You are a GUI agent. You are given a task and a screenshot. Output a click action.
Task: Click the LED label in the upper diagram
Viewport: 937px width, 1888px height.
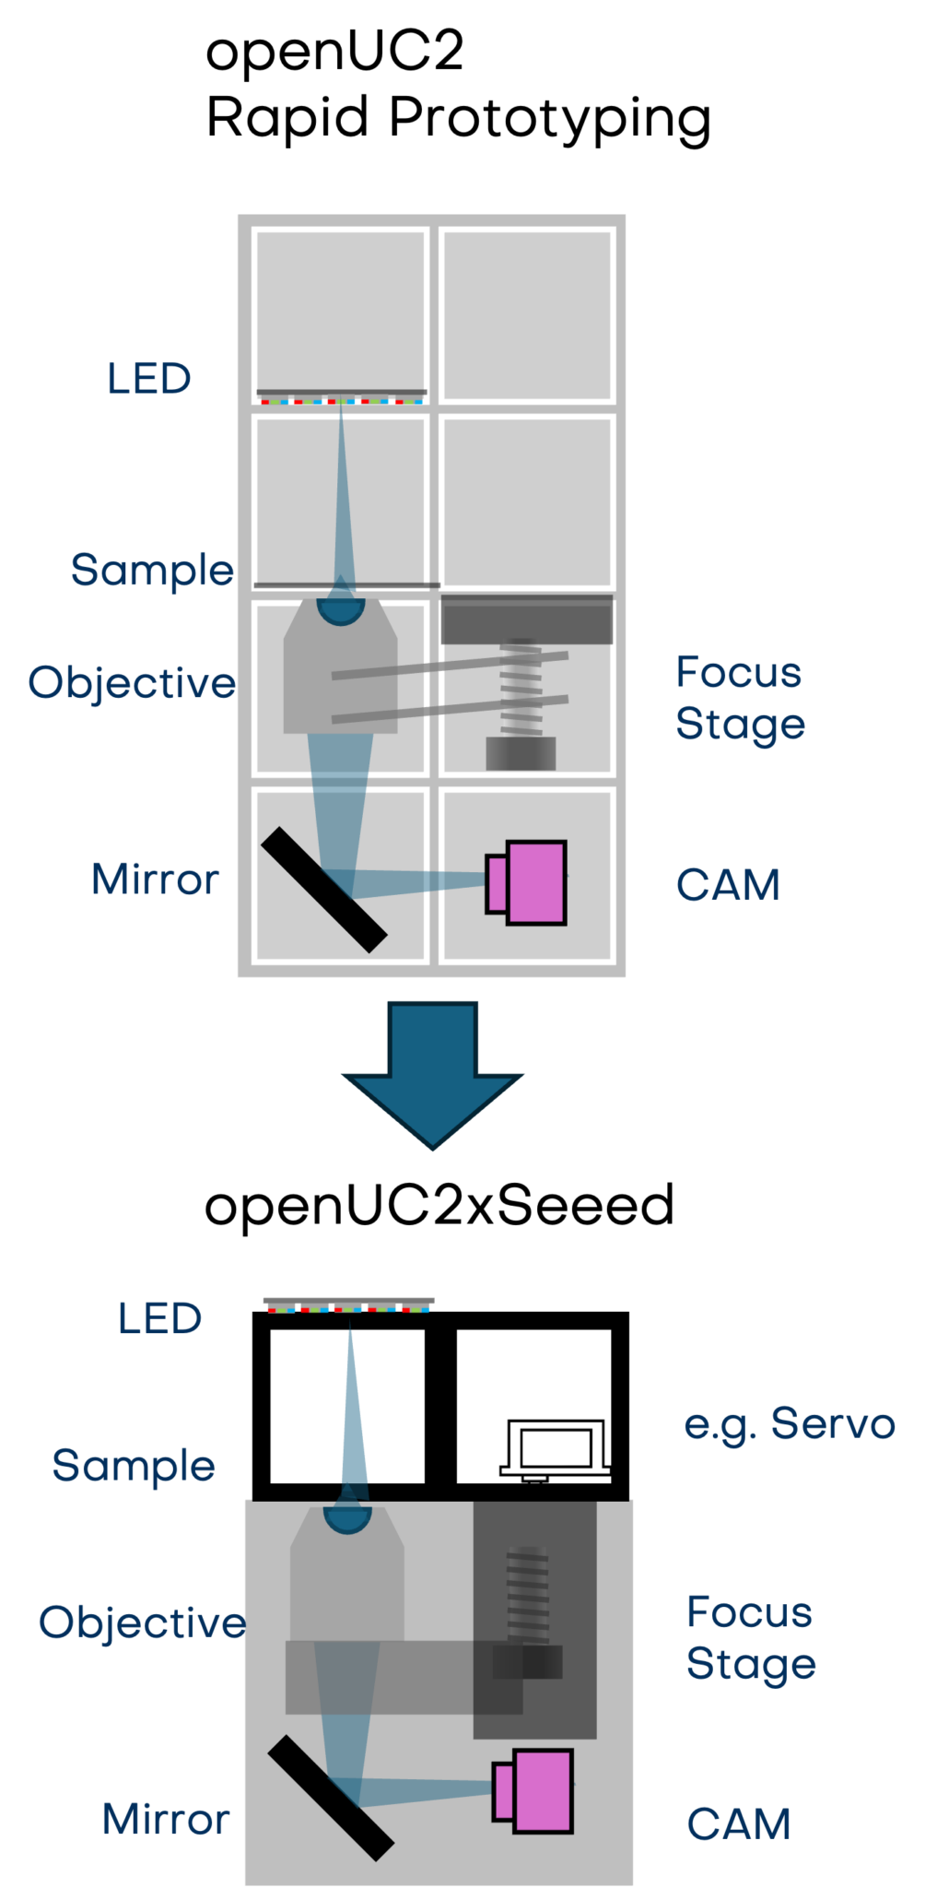point(148,378)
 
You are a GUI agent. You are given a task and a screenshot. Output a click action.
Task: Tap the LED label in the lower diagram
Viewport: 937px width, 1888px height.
point(159,1318)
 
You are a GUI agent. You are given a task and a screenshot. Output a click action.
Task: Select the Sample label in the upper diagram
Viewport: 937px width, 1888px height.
point(152,570)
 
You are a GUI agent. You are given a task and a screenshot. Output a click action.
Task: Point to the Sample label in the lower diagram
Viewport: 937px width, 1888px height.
point(134,1466)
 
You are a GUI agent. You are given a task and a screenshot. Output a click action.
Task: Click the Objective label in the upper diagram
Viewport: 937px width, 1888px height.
point(132,683)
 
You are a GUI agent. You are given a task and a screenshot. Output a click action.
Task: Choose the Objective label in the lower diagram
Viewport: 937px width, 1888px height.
point(142,1622)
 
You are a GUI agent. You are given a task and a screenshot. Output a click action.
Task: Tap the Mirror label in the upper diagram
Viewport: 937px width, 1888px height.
point(156,879)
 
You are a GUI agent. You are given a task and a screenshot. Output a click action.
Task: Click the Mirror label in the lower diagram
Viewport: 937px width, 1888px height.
point(166,1820)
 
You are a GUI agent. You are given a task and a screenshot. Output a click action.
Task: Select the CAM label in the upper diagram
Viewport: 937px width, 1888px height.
point(728,885)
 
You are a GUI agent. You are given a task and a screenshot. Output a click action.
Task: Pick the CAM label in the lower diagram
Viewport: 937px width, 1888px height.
point(739,1824)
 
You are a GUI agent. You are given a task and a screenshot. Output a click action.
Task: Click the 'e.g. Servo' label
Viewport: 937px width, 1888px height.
point(790,1423)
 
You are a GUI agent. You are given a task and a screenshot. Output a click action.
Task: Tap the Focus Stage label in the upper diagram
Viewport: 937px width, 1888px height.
point(740,698)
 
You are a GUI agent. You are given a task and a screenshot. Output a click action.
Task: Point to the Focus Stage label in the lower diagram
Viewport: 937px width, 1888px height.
point(751,1638)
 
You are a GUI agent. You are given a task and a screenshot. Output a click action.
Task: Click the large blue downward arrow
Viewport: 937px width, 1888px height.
point(433,1069)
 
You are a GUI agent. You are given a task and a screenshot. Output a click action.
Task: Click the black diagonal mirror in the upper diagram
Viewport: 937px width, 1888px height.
point(323,890)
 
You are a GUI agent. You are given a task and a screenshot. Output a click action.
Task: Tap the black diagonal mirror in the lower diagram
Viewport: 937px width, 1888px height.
point(330,1798)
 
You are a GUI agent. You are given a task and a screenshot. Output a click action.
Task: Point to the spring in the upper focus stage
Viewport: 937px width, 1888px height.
point(521,687)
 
